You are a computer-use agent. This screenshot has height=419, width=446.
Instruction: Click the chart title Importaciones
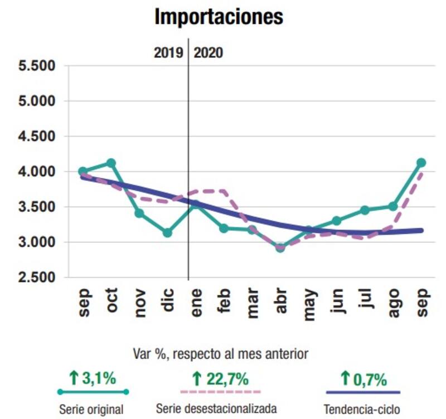[219, 17]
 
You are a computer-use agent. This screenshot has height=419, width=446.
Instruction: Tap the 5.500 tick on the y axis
[37, 66]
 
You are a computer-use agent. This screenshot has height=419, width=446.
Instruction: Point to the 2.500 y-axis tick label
[37, 277]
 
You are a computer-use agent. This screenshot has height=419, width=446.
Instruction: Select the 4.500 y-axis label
[37, 137]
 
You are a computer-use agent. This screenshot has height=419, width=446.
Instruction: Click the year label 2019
[168, 53]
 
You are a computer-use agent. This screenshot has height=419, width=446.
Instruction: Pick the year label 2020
[209, 53]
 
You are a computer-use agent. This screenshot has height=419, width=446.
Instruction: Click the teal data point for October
[111, 163]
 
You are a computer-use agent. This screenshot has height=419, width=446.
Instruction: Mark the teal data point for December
[167, 232]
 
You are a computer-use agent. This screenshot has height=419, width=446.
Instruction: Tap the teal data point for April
[280, 247]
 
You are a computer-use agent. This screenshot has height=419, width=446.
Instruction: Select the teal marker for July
[365, 210]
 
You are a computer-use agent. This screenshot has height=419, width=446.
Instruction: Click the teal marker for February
[224, 228]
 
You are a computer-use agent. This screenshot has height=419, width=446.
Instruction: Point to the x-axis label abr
[281, 304]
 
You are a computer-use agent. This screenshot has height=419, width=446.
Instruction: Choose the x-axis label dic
[168, 304]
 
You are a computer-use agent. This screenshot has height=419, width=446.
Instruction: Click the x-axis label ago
[394, 304]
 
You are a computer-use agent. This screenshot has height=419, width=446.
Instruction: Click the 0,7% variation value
[369, 380]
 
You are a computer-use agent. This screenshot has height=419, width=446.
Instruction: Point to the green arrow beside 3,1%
[74, 379]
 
